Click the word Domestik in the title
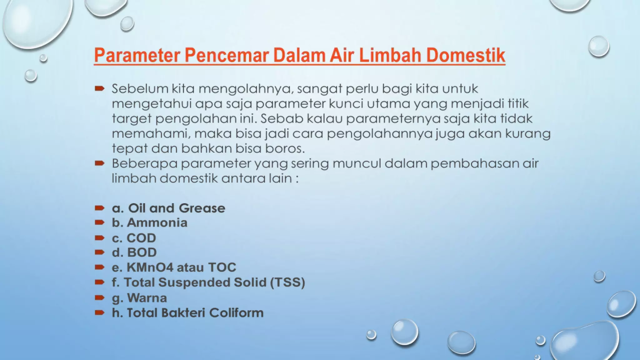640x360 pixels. point(465,55)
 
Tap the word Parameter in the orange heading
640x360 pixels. point(137,55)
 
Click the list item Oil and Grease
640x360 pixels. point(177,208)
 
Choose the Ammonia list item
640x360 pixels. point(157,223)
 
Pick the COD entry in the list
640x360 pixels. point(141,238)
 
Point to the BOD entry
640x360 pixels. point(142,252)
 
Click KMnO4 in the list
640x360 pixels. point(150,267)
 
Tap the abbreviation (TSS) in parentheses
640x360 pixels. point(287,282)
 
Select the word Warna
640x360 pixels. point(147,298)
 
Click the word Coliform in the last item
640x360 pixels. point(236,313)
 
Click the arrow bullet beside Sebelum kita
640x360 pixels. point(99,89)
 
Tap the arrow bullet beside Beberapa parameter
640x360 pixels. point(99,163)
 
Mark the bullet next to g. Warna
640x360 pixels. point(99,297)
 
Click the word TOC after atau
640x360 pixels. point(222,267)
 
